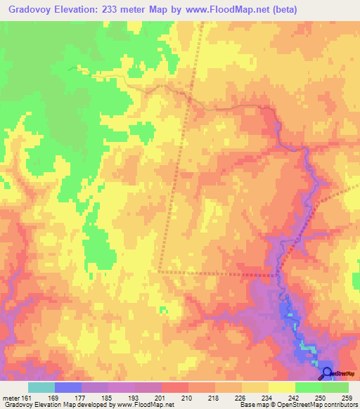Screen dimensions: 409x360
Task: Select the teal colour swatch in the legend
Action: tap(41, 387)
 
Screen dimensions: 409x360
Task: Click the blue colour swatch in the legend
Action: tap(68, 387)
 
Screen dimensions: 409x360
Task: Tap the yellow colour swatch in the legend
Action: tap(281, 387)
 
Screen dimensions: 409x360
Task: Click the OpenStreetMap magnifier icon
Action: tap(327, 373)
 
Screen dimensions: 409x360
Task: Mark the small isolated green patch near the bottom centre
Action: tap(164, 309)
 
